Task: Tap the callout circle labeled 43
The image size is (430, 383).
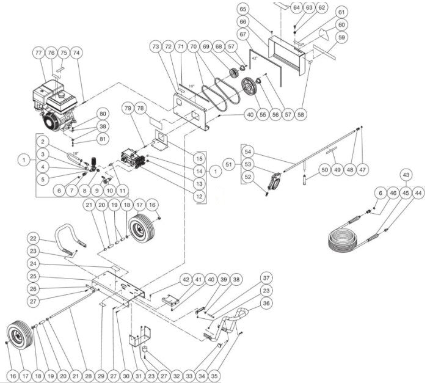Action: point(404,175)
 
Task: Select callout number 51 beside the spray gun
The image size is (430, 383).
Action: point(228,164)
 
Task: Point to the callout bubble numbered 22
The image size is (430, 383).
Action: point(34,238)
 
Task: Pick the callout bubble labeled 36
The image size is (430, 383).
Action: point(266,303)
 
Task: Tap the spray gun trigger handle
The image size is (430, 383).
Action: point(274,180)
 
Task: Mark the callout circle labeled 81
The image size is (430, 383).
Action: point(103,140)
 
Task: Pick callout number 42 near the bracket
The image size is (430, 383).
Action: point(186,280)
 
